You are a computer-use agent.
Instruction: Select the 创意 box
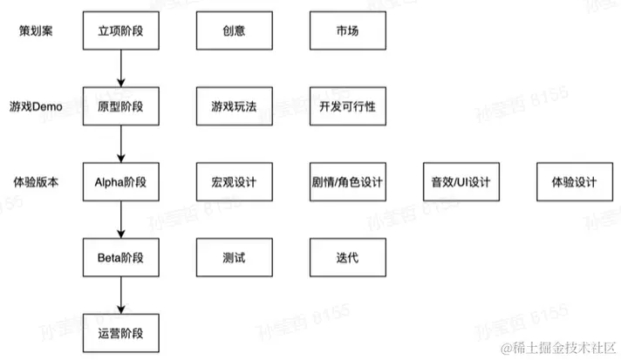click(233, 31)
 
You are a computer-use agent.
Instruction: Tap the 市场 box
click(346, 31)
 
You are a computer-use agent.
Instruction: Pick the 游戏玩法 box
click(233, 106)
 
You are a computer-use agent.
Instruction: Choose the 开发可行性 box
click(346, 106)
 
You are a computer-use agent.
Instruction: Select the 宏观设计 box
click(233, 182)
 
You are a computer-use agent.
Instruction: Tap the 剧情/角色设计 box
click(346, 182)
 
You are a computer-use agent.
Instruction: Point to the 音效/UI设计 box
click(460, 182)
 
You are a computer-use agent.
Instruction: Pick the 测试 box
click(233, 258)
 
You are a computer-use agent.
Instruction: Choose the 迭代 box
click(346, 258)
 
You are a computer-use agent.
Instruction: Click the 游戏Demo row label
click(38, 106)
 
